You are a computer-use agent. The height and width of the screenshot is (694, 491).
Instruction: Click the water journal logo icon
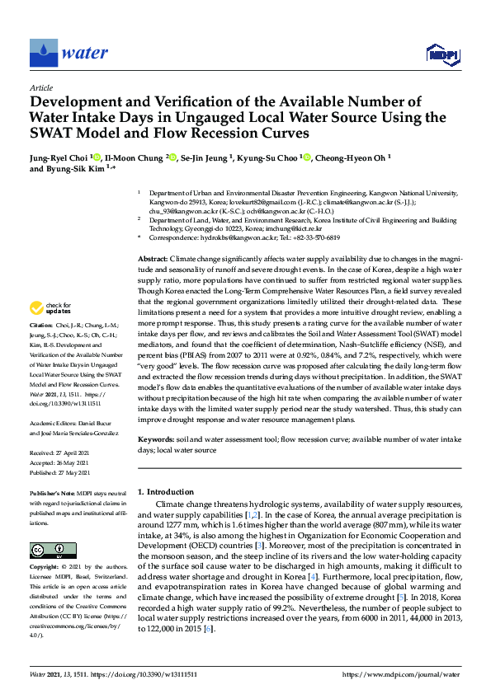tap(43, 53)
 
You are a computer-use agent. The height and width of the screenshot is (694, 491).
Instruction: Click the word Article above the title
tap(40, 87)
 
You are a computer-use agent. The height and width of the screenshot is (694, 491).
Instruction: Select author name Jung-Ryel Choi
tap(57, 157)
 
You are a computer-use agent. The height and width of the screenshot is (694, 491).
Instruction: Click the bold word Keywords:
tap(156, 441)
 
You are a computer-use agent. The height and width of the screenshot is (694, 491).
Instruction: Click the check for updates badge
tap(46, 308)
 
